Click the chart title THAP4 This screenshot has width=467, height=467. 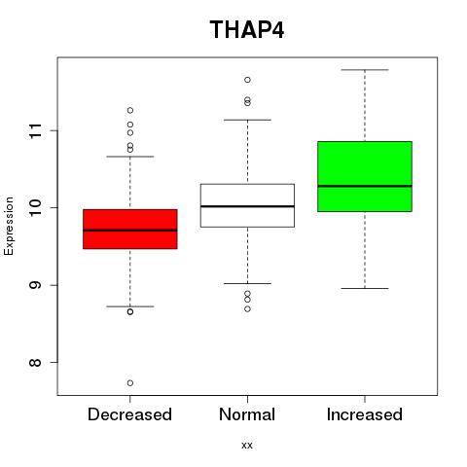coord(247,30)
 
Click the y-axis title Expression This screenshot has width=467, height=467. coord(9,226)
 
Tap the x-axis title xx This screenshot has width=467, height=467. coord(247,445)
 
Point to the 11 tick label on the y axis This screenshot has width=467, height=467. coord(36,131)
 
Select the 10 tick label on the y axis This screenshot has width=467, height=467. coord(36,208)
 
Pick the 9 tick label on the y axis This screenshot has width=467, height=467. coord(36,285)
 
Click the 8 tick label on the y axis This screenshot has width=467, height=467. coord(36,362)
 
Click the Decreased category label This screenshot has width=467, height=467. coord(129,414)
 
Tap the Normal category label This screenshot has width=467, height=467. coord(247,414)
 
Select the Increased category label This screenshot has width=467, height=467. coord(365,414)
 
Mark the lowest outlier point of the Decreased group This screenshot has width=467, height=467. coord(130,383)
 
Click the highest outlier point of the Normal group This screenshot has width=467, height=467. coord(247,80)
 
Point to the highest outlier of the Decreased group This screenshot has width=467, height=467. coord(130,110)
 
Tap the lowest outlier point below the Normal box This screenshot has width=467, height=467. coord(247,309)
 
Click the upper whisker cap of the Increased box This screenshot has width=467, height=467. coord(365,70)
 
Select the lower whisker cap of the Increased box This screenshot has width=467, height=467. coord(365,288)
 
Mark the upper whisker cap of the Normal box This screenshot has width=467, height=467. coord(247,120)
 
